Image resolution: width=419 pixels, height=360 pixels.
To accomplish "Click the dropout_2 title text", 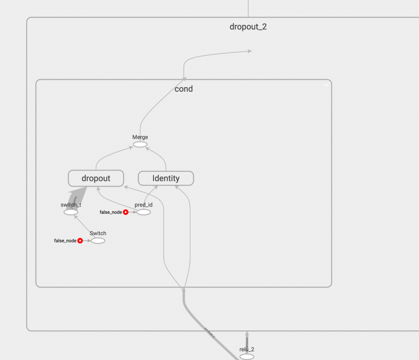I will pyautogui.click(x=248, y=27).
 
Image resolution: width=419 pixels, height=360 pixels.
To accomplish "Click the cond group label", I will pyautogui.click(x=183, y=89).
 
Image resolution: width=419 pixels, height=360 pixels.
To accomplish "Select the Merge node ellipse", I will pyautogui.click(x=140, y=144).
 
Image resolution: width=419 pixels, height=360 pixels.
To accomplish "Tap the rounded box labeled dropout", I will pyautogui.click(x=96, y=178).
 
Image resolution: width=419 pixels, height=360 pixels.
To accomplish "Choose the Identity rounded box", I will pyautogui.click(x=166, y=178).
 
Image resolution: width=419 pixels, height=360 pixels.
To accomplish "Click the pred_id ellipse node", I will pyautogui.click(x=143, y=212).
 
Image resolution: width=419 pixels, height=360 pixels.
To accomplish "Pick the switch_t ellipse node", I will pyautogui.click(x=71, y=212).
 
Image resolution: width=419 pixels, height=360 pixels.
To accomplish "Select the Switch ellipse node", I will pyautogui.click(x=98, y=240).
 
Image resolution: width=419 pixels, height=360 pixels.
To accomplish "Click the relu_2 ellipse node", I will pyautogui.click(x=247, y=357).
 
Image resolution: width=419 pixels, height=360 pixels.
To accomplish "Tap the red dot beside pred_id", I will pyautogui.click(x=126, y=212).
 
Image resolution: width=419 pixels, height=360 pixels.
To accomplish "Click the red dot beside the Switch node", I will pyautogui.click(x=80, y=241).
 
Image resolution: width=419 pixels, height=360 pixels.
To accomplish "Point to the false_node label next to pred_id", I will pyautogui.click(x=111, y=212).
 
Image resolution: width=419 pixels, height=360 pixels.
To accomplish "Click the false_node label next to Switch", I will pyautogui.click(x=65, y=241).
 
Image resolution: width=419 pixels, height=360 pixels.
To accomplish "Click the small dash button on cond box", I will pyautogui.click(x=326, y=85).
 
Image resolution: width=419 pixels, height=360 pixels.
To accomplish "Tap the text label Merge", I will pyautogui.click(x=140, y=137).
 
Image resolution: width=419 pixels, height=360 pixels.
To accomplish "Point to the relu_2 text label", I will pyautogui.click(x=247, y=349).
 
